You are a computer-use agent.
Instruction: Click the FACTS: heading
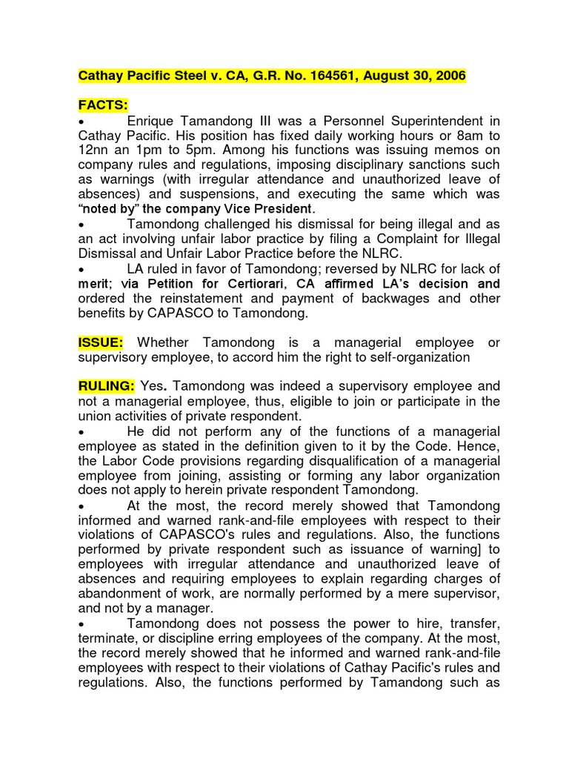pos(103,106)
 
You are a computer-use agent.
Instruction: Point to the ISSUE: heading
pos(102,342)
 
